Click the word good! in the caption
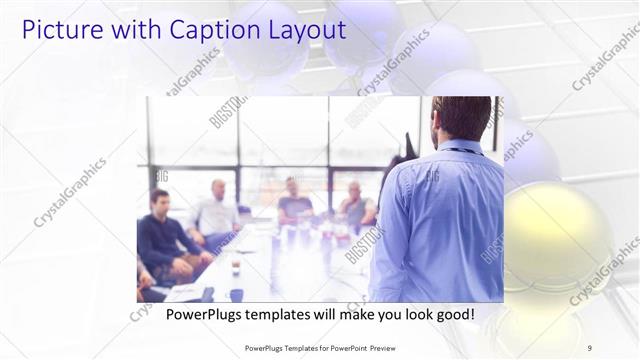455,314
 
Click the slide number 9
590,347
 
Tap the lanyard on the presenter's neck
462,151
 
